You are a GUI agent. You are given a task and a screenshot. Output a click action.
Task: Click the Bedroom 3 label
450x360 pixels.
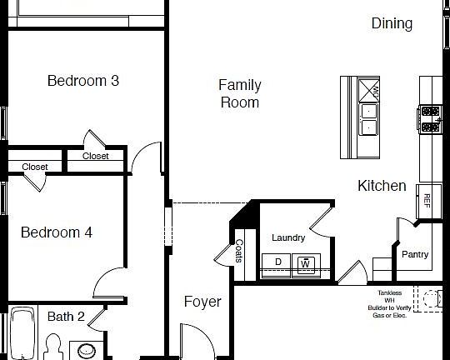click(82, 81)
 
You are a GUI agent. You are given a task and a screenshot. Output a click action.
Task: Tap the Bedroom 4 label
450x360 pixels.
click(56, 232)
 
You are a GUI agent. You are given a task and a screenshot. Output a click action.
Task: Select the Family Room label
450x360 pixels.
click(239, 93)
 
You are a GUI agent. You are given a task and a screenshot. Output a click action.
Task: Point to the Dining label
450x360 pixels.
click(392, 23)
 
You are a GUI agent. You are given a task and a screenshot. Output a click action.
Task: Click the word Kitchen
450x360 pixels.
click(382, 186)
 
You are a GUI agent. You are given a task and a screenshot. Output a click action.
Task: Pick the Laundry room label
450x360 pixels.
click(288, 238)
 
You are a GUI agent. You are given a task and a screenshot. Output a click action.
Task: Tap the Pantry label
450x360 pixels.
click(415, 254)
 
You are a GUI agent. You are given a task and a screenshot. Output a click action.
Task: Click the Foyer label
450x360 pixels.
click(202, 302)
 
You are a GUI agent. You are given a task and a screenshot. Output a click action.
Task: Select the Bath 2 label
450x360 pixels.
click(66, 317)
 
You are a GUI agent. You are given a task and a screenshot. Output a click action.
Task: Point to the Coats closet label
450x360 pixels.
click(239, 251)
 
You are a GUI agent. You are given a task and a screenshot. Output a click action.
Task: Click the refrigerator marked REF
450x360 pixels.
click(427, 201)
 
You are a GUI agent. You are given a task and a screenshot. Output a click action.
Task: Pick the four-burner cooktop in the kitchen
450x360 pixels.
click(430, 118)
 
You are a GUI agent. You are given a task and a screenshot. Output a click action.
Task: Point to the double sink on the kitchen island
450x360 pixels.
click(368, 117)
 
